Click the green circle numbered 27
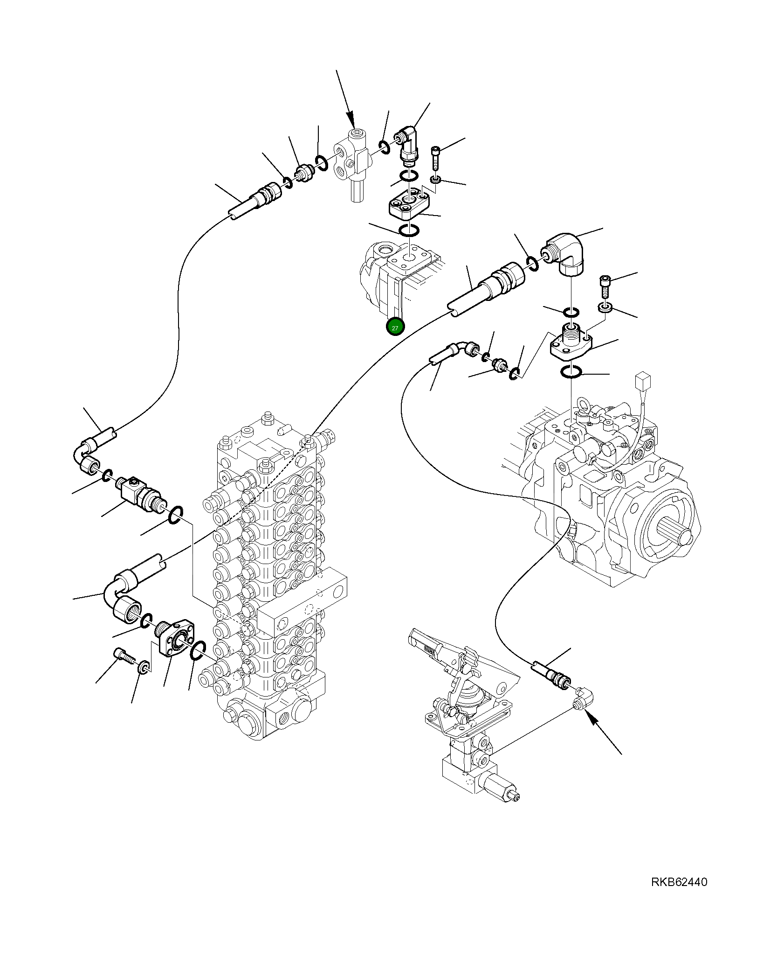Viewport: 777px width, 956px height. coord(395,328)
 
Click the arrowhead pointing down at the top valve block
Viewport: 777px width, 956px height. coord(351,122)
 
